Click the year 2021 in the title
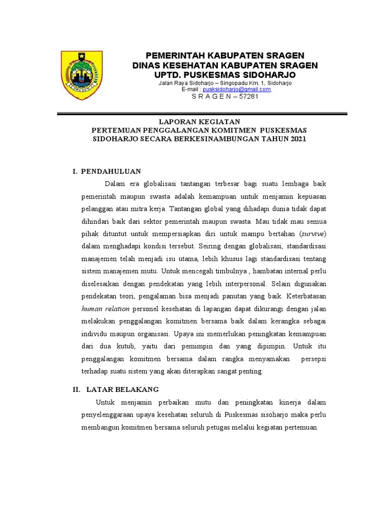click(296, 139)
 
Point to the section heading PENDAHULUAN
click(111, 171)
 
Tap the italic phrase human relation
click(101, 308)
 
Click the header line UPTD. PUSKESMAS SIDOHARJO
click(225, 74)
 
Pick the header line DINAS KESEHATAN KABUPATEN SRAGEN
click(225, 65)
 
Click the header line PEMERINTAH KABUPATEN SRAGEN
click(224, 55)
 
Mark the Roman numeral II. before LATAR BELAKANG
click(77, 389)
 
